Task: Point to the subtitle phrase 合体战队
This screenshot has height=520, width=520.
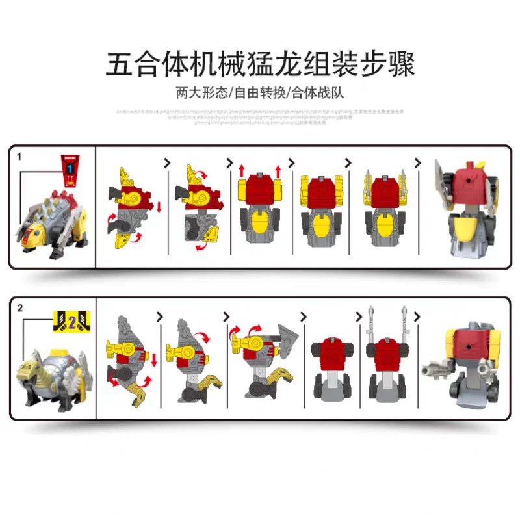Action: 317,92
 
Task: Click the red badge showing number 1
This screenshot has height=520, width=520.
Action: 70,168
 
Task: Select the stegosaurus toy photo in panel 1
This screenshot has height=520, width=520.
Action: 53,221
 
